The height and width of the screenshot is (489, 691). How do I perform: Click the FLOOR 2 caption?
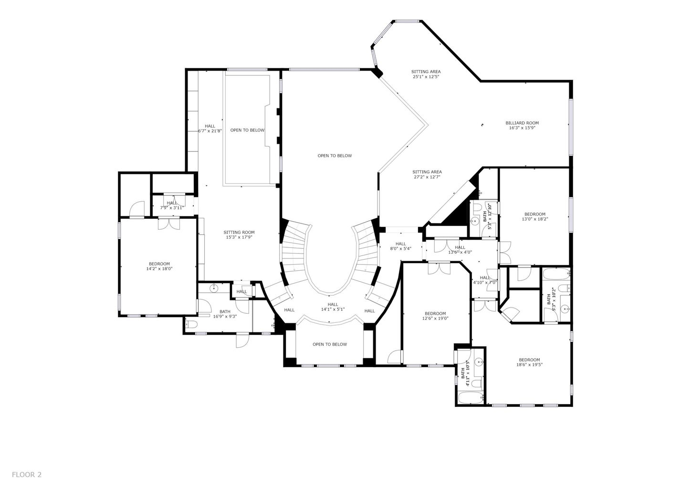pos(27,475)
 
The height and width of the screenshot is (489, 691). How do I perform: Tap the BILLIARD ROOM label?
pos(522,123)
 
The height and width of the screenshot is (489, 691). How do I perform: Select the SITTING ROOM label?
pos(239,233)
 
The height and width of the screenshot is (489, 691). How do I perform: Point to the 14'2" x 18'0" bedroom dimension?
pos(159,269)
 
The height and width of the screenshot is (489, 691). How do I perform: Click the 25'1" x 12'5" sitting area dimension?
pos(426,76)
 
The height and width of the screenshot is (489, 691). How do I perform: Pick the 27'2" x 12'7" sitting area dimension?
pos(427,177)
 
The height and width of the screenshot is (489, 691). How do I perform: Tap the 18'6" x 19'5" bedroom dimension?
pos(529,364)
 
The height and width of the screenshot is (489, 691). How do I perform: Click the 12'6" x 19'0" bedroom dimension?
pos(435,319)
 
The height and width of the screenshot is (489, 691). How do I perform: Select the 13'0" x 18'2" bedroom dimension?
pos(534,219)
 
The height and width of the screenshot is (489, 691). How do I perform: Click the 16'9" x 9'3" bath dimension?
pos(225,316)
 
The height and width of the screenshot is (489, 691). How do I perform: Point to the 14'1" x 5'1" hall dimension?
pos(333,309)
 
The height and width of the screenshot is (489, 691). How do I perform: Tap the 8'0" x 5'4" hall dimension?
pos(400,248)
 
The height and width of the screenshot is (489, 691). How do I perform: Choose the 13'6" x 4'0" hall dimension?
pos(460,252)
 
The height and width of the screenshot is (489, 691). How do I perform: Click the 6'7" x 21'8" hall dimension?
pos(210,131)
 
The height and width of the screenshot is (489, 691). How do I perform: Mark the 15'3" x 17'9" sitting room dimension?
pos(239,237)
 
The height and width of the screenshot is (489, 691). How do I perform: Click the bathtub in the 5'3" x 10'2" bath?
pos(556,274)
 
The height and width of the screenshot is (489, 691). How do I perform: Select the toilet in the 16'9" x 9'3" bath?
pos(191,325)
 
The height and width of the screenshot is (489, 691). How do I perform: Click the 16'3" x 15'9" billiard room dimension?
pos(522,128)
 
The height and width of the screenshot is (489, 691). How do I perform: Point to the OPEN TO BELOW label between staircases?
pos(335,156)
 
